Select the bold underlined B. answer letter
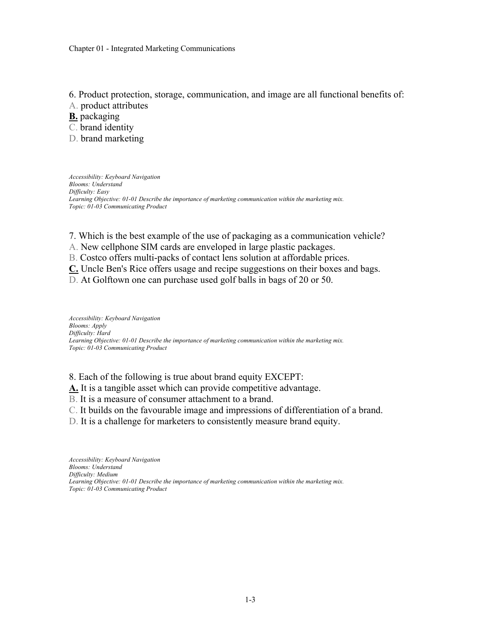(x=73, y=116)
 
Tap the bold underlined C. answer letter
(x=74, y=269)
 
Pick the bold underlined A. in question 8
(x=74, y=388)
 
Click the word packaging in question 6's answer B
(x=100, y=116)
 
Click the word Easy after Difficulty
(x=103, y=192)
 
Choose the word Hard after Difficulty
(x=104, y=333)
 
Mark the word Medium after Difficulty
(x=107, y=474)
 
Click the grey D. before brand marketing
(x=74, y=139)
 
